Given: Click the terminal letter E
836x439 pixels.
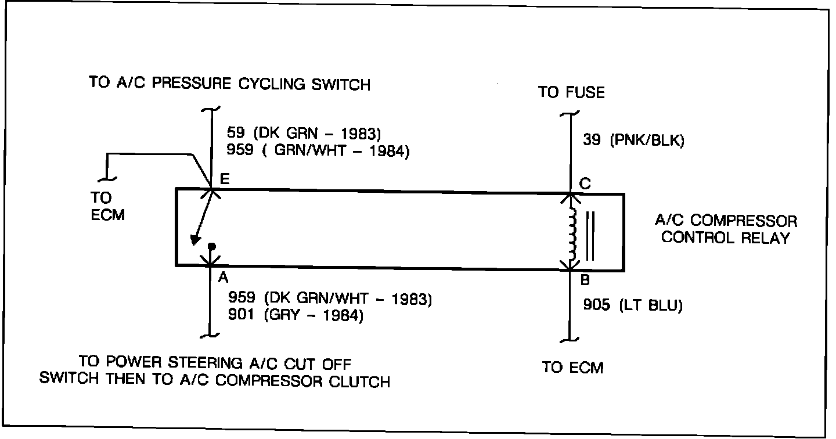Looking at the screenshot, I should tap(224, 180).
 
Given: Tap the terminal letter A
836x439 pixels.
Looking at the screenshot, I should tap(222, 278).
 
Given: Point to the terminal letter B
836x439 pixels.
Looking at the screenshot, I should tap(585, 280).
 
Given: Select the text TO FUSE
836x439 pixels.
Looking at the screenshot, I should tap(571, 92).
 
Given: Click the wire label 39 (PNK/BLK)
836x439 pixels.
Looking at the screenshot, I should tap(633, 141).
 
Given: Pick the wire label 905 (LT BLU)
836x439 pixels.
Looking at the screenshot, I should tap(632, 305).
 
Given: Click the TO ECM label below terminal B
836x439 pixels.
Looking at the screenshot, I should tap(572, 367).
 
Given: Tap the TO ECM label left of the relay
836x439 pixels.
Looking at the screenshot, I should tap(107, 206).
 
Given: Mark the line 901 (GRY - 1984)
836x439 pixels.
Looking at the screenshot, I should tap(296, 317).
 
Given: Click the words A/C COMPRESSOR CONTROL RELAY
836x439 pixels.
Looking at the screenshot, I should tap(726, 229).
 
